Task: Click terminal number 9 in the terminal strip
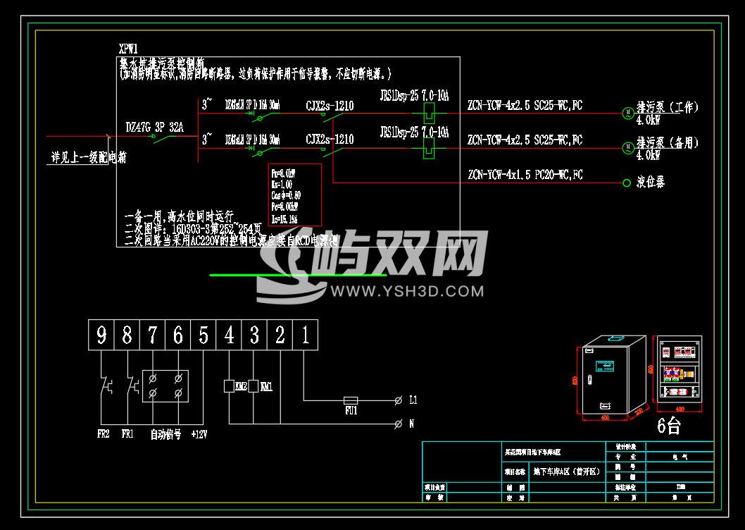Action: pos(101,335)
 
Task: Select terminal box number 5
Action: pos(204,335)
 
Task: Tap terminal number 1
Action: pos(306,335)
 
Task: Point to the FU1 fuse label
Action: pos(351,409)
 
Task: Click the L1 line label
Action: pos(413,400)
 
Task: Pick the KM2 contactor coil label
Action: pos(241,386)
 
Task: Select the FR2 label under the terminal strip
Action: pos(103,433)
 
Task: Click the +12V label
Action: pos(199,433)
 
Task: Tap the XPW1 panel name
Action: pos(128,49)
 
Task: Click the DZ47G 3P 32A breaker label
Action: pos(154,128)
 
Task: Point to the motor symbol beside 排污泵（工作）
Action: pos(627,112)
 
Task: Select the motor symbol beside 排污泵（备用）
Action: pos(627,147)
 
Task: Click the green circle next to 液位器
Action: pos(627,183)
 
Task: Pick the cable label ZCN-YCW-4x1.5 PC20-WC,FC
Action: pos(525,175)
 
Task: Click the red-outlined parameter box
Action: pos(295,194)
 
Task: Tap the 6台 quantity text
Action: pos(669,425)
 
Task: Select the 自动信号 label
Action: pos(165,433)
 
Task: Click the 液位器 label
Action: pos(651,183)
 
